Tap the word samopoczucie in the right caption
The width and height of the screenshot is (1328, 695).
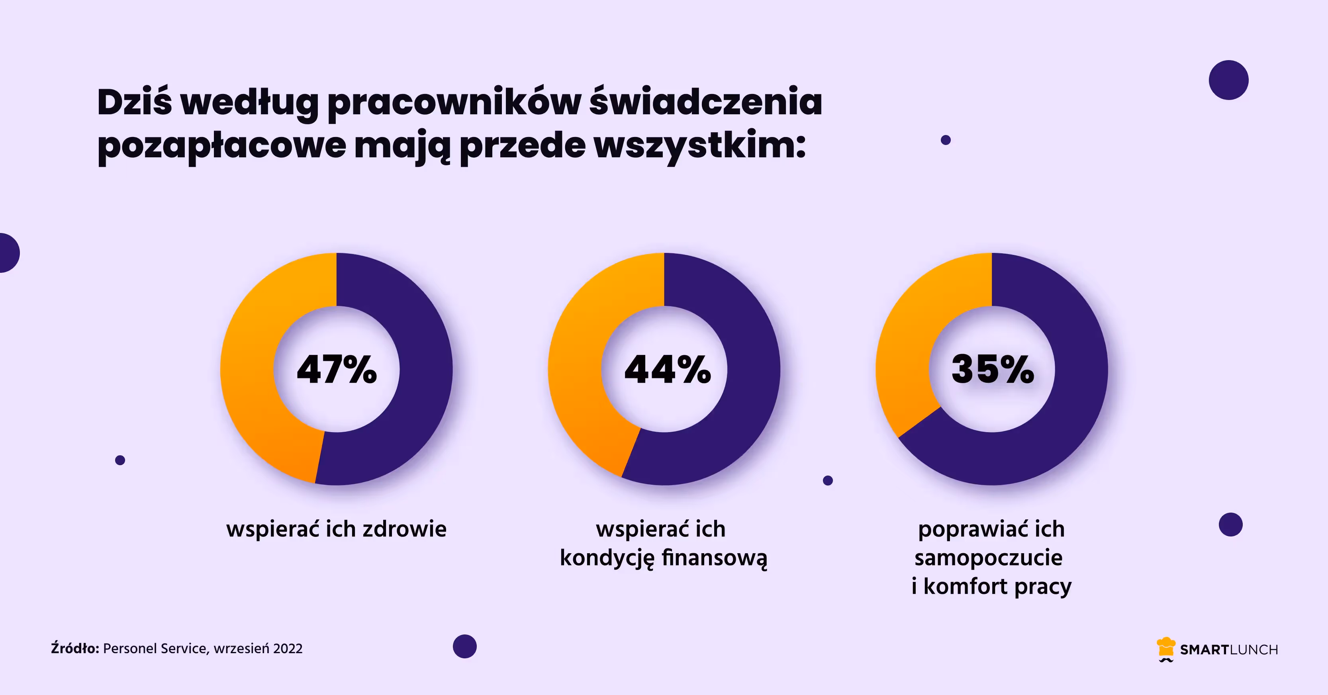(988, 558)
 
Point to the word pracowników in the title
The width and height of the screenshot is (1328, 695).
(454, 103)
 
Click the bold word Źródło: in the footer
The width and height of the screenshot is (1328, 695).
(75, 648)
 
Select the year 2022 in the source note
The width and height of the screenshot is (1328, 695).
(288, 648)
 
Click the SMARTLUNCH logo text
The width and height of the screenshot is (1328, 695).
(1229, 650)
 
